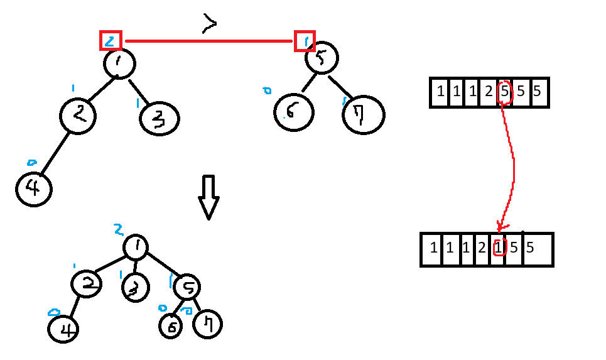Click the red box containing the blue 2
tap(111, 41)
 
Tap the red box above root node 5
tap(305, 41)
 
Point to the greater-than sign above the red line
tap(209, 24)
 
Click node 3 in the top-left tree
tap(160, 118)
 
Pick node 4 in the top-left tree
tap(33, 188)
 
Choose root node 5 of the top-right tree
tap(322, 58)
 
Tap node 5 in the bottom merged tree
tap(187, 287)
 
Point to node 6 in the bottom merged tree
tap(170, 325)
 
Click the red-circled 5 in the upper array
tap(504, 92)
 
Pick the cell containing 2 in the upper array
tap(489, 92)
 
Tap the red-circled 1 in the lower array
tap(498, 248)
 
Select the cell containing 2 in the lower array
tap(482, 249)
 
